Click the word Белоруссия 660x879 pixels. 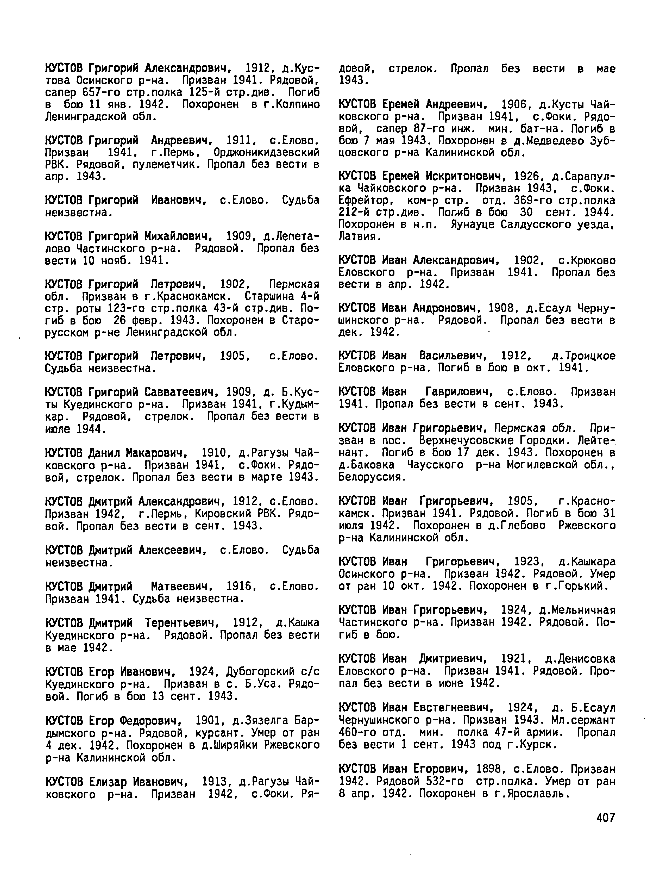click(x=372, y=477)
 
